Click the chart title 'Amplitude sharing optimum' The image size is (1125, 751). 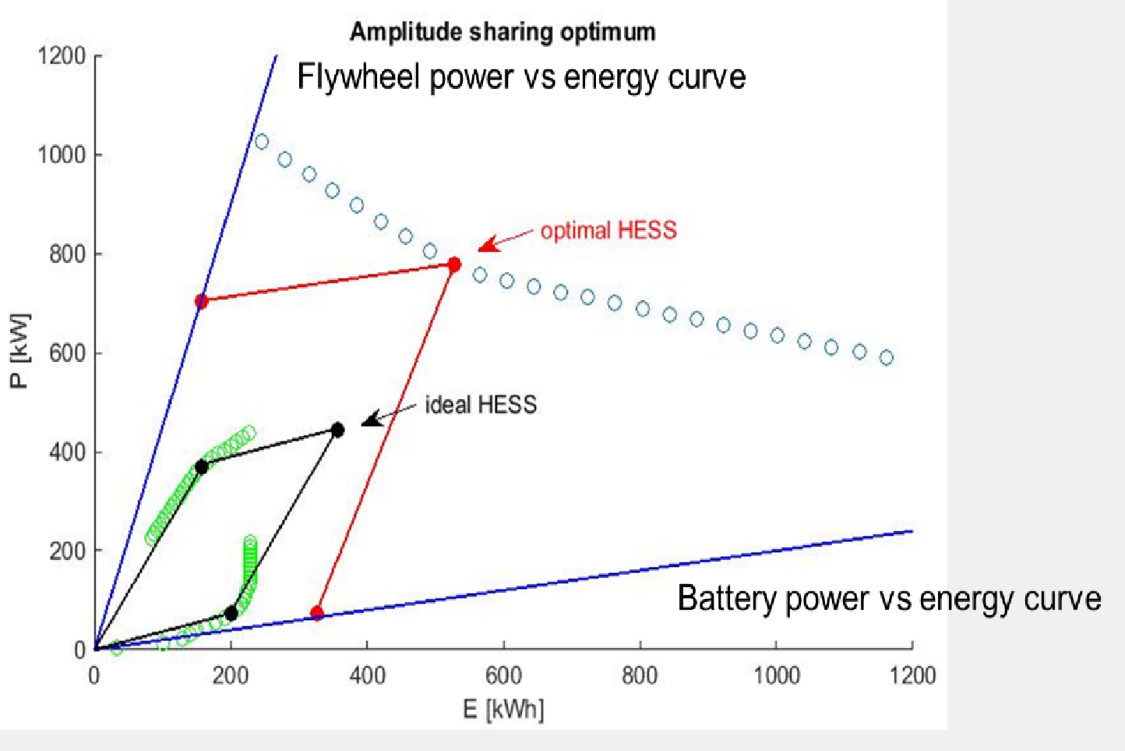tap(503, 32)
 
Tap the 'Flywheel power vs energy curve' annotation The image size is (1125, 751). tap(521, 77)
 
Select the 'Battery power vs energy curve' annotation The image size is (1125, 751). tap(889, 598)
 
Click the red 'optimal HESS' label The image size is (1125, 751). tap(608, 230)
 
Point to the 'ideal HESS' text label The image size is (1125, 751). tap(481, 405)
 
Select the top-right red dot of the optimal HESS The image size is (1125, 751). tap(454, 265)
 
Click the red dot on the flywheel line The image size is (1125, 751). tap(201, 301)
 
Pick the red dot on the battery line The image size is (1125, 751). tap(316, 613)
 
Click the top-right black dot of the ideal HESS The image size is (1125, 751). tap(337, 430)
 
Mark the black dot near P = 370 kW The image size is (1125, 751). tap(201, 467)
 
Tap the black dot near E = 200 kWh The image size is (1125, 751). tap(231, 613)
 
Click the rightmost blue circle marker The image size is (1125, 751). tap(886, 358)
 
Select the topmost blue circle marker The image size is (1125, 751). tap(262, 142)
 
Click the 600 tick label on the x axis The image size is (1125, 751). tap(503, 675)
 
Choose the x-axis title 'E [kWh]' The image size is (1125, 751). tap(503, 709)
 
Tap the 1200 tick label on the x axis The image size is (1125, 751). tap(912, 675)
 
